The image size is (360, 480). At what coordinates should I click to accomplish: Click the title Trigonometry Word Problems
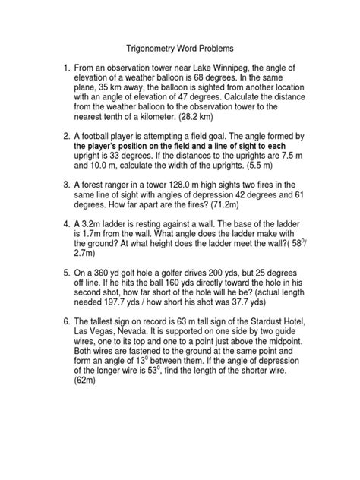pos(179,46)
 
